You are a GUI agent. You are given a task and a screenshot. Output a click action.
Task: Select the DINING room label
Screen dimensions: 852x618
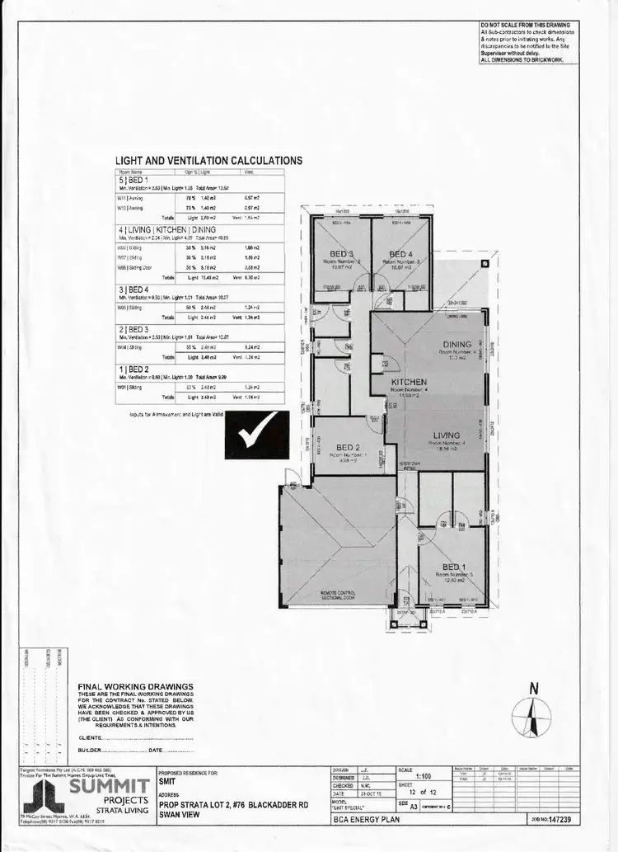[456, 345]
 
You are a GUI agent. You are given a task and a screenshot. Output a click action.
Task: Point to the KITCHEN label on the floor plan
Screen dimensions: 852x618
[409, 383]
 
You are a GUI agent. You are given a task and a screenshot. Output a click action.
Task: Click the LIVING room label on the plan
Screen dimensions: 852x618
[447, 435]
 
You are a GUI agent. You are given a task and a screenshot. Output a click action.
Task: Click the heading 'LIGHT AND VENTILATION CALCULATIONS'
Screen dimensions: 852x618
[208, 161]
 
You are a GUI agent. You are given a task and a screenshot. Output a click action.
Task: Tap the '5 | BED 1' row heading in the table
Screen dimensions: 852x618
[134, 180]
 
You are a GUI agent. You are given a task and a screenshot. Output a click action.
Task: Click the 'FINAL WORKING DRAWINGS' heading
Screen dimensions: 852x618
[135, 686]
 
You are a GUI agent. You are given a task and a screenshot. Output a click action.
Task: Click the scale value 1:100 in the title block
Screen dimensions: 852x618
[424, 776]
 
